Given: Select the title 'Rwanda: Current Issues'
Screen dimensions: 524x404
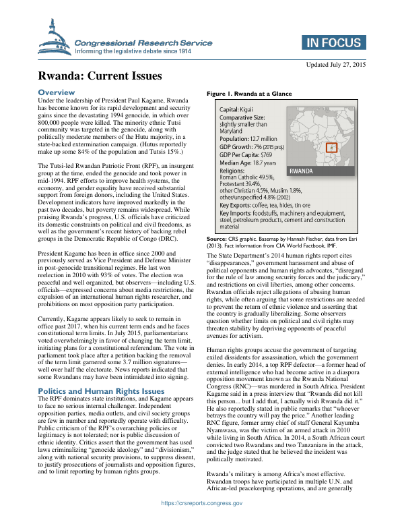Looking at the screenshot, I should click(100, 76).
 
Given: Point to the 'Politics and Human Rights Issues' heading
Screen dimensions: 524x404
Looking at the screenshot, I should click(101, 390).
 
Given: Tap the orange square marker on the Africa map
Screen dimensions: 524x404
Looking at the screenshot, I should click(331, 147).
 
